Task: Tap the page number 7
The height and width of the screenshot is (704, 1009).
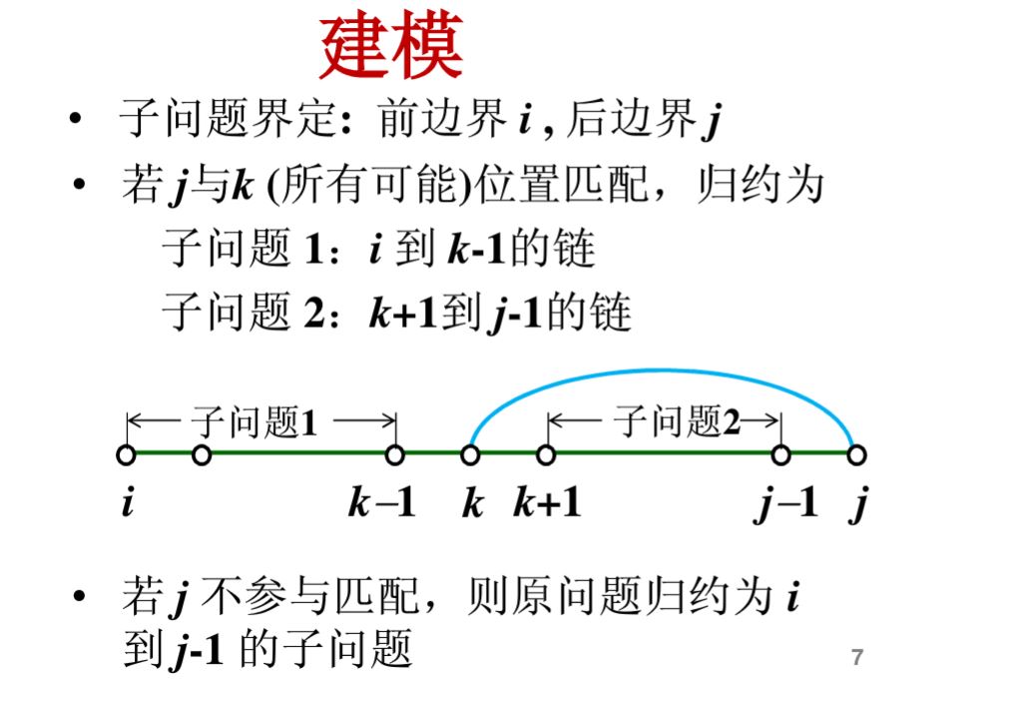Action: click(x=856, y=657)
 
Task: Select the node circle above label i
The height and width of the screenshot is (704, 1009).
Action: click(x=126, y=455)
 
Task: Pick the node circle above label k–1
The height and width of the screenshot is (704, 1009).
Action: click(x=395, y=455)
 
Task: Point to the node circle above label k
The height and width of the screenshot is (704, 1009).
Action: click(x=471, y=455)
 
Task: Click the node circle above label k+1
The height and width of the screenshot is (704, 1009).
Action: click(x=545, y=455)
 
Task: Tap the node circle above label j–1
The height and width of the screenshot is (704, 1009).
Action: click(x=781, y=455)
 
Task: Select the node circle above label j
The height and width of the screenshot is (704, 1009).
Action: click(x=855, y=455)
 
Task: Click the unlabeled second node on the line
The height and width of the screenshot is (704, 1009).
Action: click(x=202, y=455)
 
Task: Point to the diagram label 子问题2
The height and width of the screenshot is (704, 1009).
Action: click(x=678, y=422)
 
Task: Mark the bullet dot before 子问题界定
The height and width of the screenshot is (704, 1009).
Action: click(x=77, y=121)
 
